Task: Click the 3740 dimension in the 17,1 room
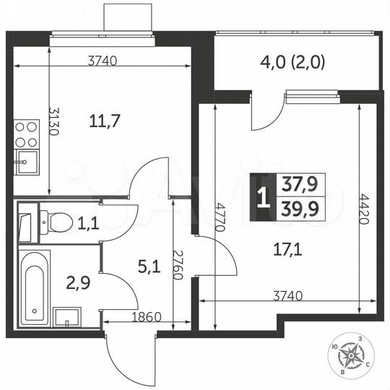tap(287, 295)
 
